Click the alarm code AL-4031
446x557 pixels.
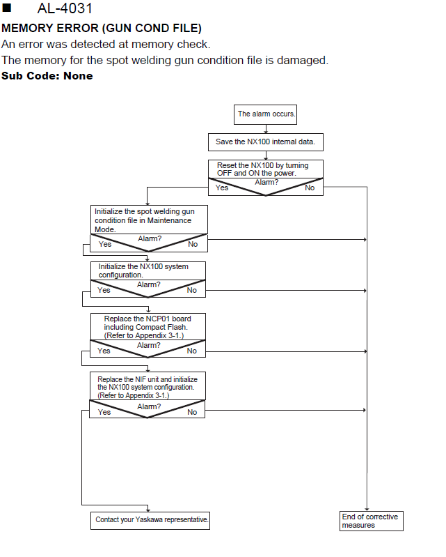click(x=65, y=8)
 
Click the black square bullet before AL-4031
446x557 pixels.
click(x=7, y=8)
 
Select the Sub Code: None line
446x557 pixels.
click(x=47, y=76)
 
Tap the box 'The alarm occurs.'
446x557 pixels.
click(x=265, y=114)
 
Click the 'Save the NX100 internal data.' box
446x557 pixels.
click(x=266, y=142)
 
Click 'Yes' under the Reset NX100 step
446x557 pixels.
click(x=222, y=188)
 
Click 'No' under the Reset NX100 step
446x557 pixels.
click(x=310, y=188)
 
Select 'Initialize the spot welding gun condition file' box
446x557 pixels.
click(x=149, y=220)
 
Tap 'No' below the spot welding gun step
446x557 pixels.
click(x=193, y=244)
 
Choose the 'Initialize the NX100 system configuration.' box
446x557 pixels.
click(x=148, y=270)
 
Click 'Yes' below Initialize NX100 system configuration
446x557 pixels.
click(x=104, y=290)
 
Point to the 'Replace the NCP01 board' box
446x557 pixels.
click(x=148, y=327)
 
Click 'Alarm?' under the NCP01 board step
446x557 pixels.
click(x=148, y=345)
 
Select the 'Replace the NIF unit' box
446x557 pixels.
click(x=148, y=386)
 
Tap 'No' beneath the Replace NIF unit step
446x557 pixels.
click(x=192, y=412)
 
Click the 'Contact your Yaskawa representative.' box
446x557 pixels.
click(x=150, y=521)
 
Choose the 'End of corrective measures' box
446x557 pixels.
click(x=371, y=521)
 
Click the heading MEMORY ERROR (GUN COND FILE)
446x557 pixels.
click(x=102, y=28)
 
